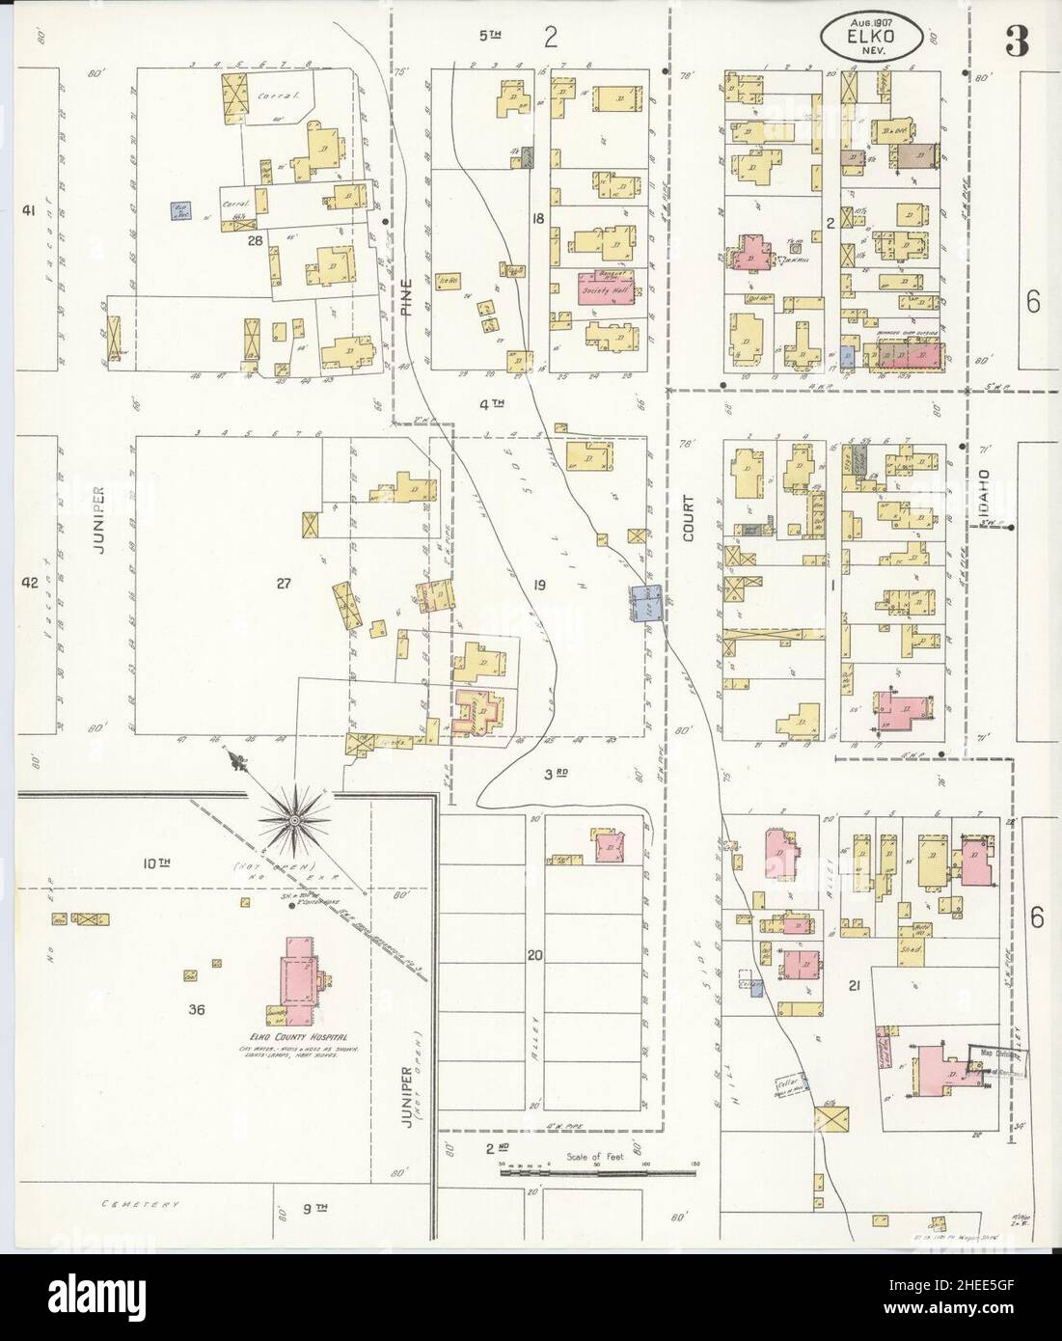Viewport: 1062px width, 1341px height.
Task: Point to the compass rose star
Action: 291,818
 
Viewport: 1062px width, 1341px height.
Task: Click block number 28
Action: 255,239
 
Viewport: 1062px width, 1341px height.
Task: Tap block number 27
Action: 283,582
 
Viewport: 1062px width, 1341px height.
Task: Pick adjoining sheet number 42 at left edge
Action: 29,583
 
